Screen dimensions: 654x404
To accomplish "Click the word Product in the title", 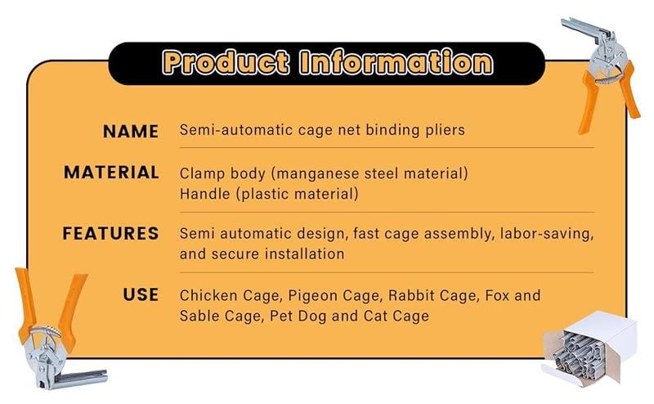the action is pyautogui.click(x=226, y=62).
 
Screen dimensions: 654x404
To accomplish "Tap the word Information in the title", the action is pyautogui.click(x=396, y=62).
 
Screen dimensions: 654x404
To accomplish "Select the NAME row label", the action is pyautogui.click(x=131, y=132).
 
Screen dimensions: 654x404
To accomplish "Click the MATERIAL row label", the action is pyautogui.click(x=111, y=173).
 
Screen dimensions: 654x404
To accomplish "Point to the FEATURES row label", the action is pyautogui.click(x=110, y=233).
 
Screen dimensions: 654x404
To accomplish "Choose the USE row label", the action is pyautogui.click(x=141, y=294).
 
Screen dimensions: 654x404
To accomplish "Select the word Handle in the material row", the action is pyautogui.click(x=205, y=193).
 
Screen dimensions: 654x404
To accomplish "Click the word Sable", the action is pyautogui.click(x=197, y=316).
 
